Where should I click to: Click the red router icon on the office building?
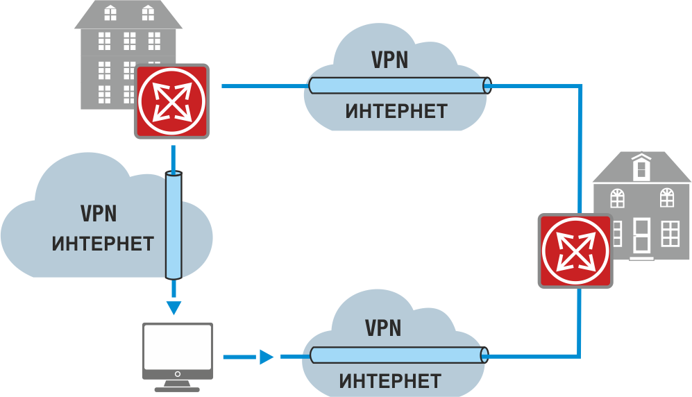click(x=171, y=101)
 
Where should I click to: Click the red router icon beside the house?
click(x=575, y=251)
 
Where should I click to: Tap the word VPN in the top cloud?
click(x=389, y=60)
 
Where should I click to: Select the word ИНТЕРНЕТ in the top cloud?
click(x=396, y=111)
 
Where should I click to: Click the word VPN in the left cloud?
click(x=99, y=213)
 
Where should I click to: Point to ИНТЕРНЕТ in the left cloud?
click(x=103, y=244)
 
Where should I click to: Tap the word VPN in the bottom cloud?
click(x=383, y=328)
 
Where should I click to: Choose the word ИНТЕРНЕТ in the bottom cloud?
click(x=390, y=380)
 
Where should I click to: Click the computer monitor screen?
click(x=177, y=349)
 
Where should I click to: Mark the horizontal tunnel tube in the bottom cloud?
click(x=398, y=355)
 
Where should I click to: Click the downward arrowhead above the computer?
click(x=174, y=306)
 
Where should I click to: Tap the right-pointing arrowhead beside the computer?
click(x=265, y=357)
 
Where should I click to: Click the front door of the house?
click(x=642, y=235)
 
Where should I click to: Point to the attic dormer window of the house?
click(x=641, y=168)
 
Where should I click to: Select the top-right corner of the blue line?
click(x=580, y=87)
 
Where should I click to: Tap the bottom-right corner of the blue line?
click(x=579, y=355)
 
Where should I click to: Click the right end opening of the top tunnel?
click(x=487, y=85)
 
